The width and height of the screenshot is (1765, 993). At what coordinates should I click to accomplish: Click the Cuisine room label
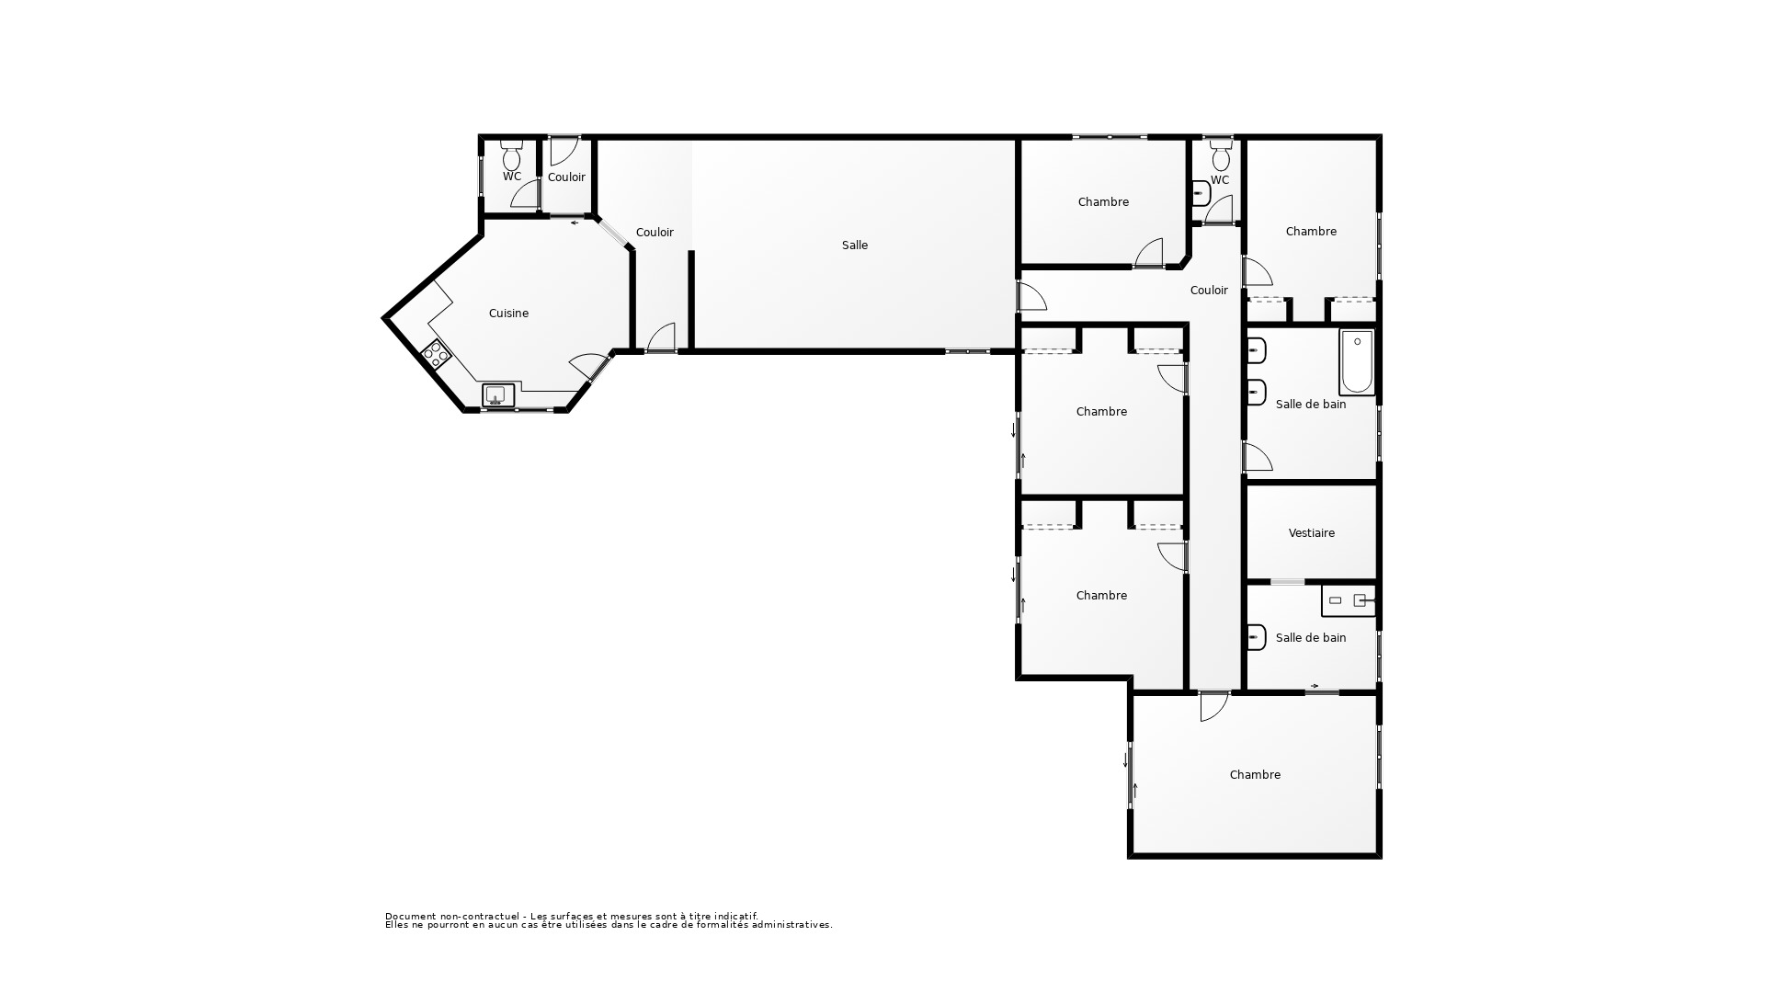[508, 314]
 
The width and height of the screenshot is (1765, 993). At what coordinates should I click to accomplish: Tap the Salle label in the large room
[854, 245]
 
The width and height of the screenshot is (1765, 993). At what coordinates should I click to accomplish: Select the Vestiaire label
[1311, 533]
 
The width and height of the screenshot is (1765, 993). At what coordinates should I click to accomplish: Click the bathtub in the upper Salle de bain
[1357, 362]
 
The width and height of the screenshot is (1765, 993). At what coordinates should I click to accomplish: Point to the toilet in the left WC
[512, 156]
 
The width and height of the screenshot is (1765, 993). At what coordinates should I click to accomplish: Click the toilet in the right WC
[1221, 156]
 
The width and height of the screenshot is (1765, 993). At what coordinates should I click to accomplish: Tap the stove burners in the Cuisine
[436, 354]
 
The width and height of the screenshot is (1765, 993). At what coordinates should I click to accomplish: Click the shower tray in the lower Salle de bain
[1349, 600]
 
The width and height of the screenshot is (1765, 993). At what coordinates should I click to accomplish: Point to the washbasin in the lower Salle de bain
[1256, 636]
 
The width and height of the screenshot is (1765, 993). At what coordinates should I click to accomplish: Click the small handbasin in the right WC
[1201, 194]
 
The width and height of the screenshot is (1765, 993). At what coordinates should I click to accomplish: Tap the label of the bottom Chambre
[1255, 775]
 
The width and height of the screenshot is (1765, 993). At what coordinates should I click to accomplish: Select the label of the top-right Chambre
[1311, 232]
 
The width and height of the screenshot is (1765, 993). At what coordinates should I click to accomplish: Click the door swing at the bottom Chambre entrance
[1213, 706]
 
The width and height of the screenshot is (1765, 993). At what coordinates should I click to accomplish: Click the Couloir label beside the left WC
[566, 177]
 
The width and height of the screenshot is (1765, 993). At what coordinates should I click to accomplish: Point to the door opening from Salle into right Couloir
[1031, 296]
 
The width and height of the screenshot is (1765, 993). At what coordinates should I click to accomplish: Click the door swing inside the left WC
[526, 194]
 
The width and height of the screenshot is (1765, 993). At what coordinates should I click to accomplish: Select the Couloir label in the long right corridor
[1208, 291]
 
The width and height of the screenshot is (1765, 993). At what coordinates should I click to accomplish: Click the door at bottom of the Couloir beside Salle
[661, 337]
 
